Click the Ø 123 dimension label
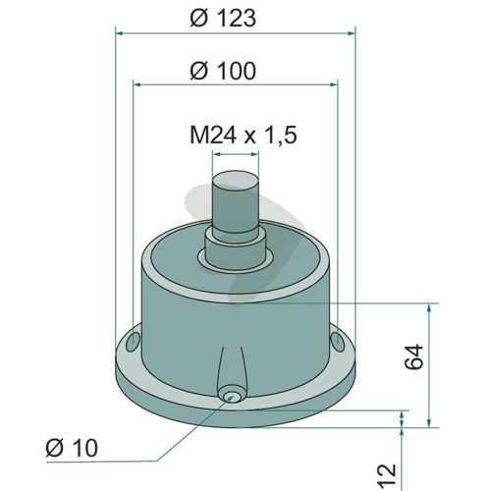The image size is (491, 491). coord(223,19)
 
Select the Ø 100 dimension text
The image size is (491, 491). coord(223,71)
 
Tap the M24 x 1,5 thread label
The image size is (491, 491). coord(244,135)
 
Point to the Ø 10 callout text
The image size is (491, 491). coord(72,448)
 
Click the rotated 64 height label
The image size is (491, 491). coord(414,356)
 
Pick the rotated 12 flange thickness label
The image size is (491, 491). coord(388,475)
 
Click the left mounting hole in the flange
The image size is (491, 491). coord(133,343)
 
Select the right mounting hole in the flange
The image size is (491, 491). coord(337,342)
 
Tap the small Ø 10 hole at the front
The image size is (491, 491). coord(231,396)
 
